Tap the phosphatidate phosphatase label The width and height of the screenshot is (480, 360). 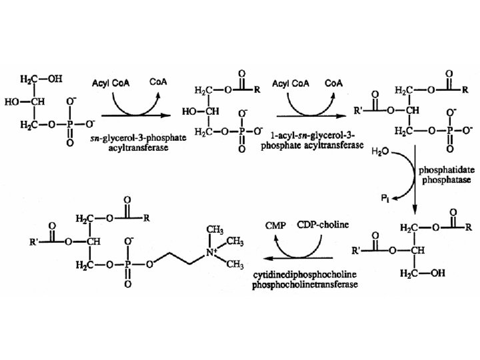click(x=437, y=175)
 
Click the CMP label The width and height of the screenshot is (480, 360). click(x=275, y=226)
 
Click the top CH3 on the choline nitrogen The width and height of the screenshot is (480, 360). click(x=215, y=229)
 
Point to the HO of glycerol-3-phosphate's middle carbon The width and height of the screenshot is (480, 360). click(x=20, y=103)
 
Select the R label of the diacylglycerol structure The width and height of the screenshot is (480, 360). click(x=469, y=227)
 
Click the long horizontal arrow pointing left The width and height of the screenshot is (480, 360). click(x=299, y=257)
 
